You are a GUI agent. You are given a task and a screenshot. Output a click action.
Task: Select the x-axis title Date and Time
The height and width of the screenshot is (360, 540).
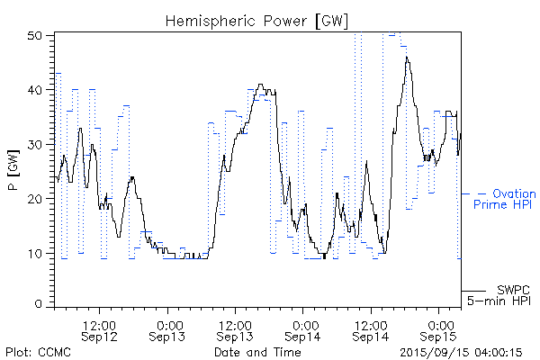point(257,352)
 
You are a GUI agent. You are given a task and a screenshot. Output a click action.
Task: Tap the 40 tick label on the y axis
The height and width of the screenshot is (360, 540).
point(36,90)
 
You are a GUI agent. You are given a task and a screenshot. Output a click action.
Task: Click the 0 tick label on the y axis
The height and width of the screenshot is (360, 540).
point(40,305)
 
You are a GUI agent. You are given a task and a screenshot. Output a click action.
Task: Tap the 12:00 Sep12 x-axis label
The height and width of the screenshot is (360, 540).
point(99,329)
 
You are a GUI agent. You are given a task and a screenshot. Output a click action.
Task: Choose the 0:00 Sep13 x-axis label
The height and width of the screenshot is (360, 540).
point(167,329)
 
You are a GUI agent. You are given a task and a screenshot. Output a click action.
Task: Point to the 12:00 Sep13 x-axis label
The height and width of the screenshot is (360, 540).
point(235,329)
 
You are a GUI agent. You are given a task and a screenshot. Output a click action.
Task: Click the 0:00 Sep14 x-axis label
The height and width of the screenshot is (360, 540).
point(303,329)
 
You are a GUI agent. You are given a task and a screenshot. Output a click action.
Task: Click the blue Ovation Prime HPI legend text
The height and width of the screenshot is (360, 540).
point(505,199)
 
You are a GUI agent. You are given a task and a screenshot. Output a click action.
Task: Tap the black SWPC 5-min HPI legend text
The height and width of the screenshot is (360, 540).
point(503,294)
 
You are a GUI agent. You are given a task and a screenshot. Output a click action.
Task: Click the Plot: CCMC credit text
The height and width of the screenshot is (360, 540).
point(36,352)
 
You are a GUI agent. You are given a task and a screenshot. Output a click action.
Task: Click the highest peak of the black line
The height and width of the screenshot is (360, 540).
point(407,58)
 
